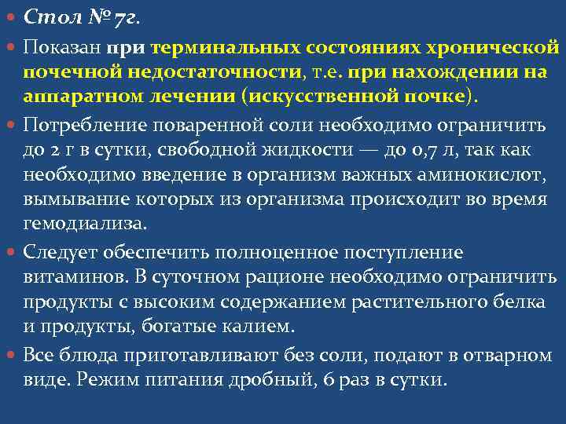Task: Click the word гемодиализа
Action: tap(84, 225)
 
